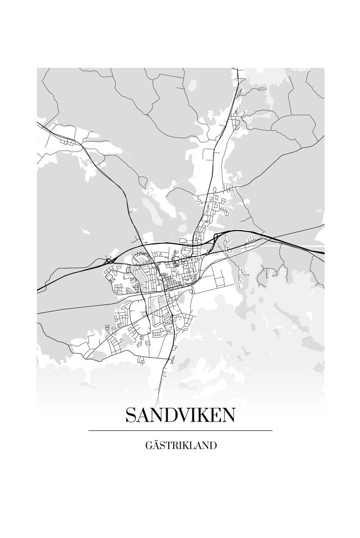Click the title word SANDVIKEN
(x=180, y=416)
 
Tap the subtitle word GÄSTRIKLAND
(x=181, y=446)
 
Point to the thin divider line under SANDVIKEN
(x=180, y=431)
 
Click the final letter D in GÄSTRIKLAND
(x=213, y=446)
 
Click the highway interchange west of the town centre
(x=108, y=260)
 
